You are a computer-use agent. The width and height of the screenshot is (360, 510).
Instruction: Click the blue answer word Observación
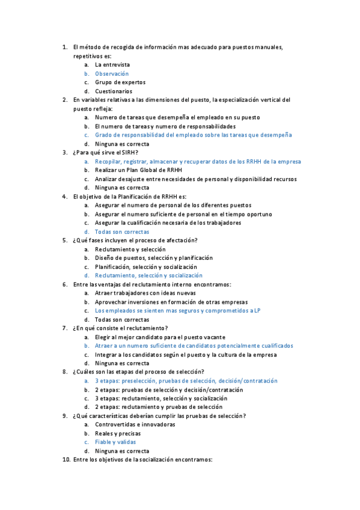pyautogui.click(x=112, y=73)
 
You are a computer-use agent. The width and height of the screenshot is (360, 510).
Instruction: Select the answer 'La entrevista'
pyautogui.click(x=112, y=64)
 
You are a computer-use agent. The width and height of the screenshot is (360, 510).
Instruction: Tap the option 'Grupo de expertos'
pyautogui.click(x=120, y=82)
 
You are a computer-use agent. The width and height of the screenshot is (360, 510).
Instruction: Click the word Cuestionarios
pyautogui.click(x=114, y=91)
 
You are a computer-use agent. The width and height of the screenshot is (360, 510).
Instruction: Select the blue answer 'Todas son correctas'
pyautogui.click(x=122, y=232)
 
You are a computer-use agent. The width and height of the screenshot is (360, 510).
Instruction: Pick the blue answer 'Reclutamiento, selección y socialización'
pyautogui.click(x=148, y=275)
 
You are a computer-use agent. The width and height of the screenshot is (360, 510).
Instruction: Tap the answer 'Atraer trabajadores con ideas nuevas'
pyautogui.click(x=145, y=293)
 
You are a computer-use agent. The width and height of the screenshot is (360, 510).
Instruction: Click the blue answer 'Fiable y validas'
pyautogui.click(x=115, y=442)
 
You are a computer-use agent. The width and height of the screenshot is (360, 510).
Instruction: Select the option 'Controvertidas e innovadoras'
pyautogui.click(x=135, y=425)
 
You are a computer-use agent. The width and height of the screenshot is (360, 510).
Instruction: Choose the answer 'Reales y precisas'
pyautogui.click(x=118, y=434)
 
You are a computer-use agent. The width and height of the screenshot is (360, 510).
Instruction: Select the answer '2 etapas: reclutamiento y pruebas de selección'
pyautogui.click(x=159, y=407)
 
